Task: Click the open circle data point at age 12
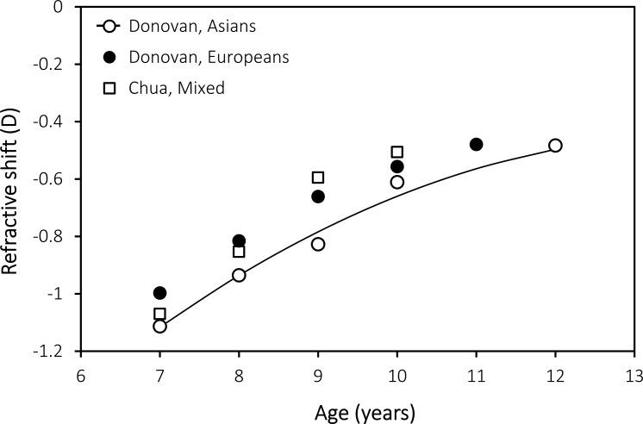555,146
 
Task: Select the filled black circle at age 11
476,144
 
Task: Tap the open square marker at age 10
396,153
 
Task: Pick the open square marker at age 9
318,178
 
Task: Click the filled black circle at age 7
159,293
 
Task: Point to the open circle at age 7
159,326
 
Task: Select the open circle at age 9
318,244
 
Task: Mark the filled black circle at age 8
239,240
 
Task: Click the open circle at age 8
239,275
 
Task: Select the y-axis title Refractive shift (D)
12,179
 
